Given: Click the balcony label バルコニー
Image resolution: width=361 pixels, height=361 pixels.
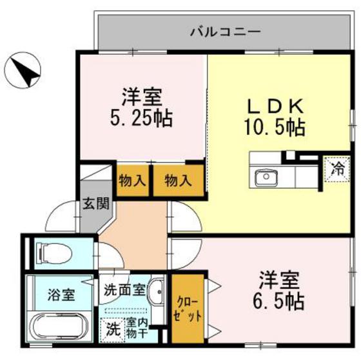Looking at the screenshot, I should [x=225, y=30].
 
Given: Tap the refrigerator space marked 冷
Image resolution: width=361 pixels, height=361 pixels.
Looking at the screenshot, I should [x=337, y=171].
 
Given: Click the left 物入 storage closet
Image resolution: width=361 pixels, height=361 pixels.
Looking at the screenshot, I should [x=133, y=181].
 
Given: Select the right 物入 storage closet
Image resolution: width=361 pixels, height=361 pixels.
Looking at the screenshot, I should [x=178, y=181].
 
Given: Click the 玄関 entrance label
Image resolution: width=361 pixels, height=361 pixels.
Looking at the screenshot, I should [x=90, y=208].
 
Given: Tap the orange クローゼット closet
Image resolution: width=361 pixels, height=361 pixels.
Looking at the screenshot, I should [x=189, y=309].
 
